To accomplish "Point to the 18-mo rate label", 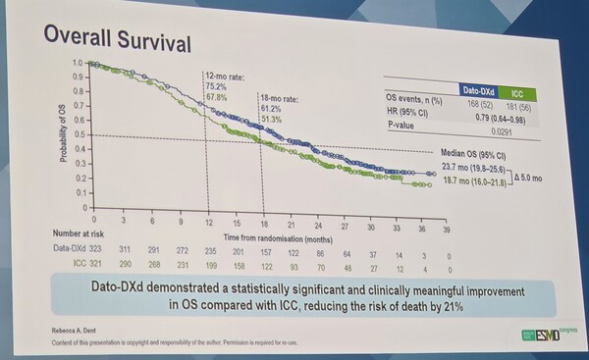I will (281, 98).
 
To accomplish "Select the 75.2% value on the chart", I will (218, 84).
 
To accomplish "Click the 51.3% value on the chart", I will (273, 119).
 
